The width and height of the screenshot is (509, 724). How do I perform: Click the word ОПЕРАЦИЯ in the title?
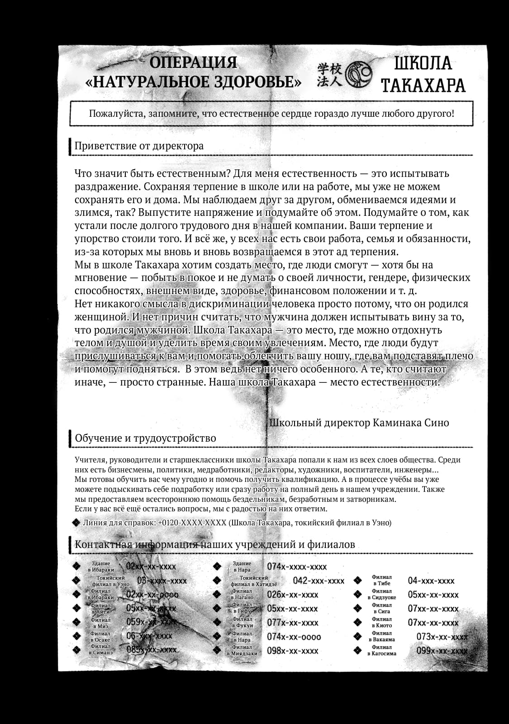[x=194, y=62]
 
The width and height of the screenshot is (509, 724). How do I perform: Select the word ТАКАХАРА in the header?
[x=423, y=85]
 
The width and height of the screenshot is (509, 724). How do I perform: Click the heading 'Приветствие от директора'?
[x=139, y=146]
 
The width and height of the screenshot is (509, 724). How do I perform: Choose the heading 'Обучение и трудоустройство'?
[x=145, y=438]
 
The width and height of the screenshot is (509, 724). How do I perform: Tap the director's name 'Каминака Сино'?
[x=411, y=423]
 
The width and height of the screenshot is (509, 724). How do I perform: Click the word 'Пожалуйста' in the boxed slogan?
[x=117, y=113]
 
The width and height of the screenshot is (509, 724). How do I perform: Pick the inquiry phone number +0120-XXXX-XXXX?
[x=192, y=523]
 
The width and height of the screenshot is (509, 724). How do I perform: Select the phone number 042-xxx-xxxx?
[x=319, y=581]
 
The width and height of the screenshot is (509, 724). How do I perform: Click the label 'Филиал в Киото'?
[x=381, y=623]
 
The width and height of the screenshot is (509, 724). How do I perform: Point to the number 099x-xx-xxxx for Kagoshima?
[x=442, y=651]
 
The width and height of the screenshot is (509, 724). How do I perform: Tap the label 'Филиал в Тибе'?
[x=381, y=581]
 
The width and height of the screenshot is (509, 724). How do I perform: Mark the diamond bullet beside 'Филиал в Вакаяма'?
[x=357, y=637]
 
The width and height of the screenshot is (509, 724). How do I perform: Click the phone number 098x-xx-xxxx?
[x=293, y=651]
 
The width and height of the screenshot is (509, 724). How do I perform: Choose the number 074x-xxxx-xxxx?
[x=297, y=567]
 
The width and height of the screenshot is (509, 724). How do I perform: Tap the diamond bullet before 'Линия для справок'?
[x=77, y=523]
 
